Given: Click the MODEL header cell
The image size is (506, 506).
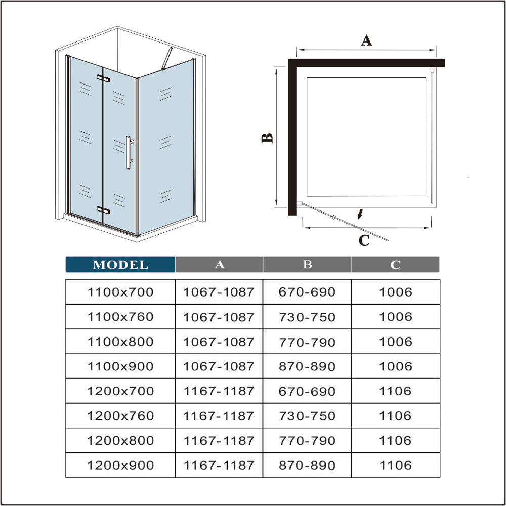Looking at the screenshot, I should tap(120, 264).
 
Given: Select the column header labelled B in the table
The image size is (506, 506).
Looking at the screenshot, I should tap(307, 264).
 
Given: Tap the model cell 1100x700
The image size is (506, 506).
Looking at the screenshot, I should tap(120, 291).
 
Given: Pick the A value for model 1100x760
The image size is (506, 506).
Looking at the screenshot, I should tap(219, 317).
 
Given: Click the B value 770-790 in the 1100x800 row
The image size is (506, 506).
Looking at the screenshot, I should tap(307, 342).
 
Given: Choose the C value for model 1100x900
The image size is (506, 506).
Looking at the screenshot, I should tap(395, 366).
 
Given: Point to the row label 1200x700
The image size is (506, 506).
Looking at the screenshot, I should tap(120, 391).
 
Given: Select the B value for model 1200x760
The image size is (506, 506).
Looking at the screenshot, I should tap(307, 416).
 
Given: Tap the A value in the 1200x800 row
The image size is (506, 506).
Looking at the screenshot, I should tap(219, 441).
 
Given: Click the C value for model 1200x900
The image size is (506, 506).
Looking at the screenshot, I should tap(395, 466).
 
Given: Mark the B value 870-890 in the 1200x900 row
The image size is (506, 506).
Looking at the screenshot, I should tap(307, 466).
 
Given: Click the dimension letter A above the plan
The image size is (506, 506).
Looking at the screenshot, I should tap(366, 40).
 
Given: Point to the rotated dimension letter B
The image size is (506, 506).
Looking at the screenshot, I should tap(268, 138).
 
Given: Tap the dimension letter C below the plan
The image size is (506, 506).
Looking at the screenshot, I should tap(364, 241).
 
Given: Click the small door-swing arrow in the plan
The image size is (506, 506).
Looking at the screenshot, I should tap(360, 215).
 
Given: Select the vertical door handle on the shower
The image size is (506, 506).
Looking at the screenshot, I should tap(129, 152).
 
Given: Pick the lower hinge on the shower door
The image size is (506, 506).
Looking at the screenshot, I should tap(103, 210).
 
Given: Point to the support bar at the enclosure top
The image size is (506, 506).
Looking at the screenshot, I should tap(166, 59).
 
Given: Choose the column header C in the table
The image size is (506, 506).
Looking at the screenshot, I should tap(395, 264).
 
